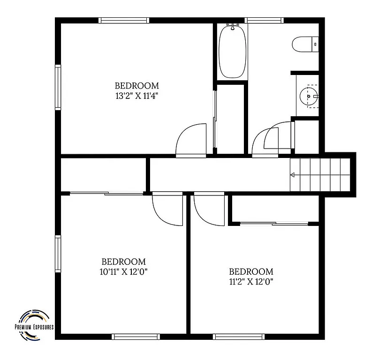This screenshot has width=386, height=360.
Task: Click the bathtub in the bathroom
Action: [232, 52]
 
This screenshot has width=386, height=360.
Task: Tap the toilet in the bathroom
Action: [305, 45]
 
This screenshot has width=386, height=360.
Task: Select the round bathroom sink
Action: [308, 96]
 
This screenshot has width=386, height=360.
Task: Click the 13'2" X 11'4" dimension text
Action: [137, 96]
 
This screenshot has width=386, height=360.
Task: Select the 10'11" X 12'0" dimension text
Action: [124, 272]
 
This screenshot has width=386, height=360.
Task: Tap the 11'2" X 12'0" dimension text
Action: [251, 282]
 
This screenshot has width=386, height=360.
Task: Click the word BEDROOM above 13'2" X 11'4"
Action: [137, 86]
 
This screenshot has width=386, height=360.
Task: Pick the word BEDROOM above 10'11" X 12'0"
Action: [124, 262]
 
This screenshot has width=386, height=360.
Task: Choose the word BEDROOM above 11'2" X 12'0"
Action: [251, 271]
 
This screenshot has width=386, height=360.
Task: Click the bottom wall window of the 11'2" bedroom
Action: [239, 337]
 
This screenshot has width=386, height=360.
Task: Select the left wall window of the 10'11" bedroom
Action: [58, 254]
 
